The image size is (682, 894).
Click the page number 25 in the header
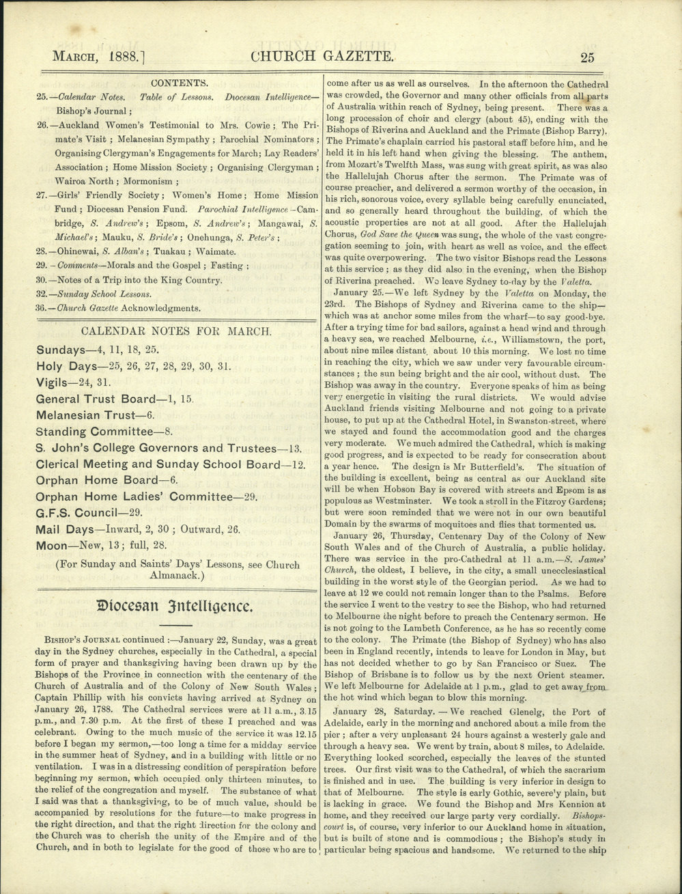pos(588,57)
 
